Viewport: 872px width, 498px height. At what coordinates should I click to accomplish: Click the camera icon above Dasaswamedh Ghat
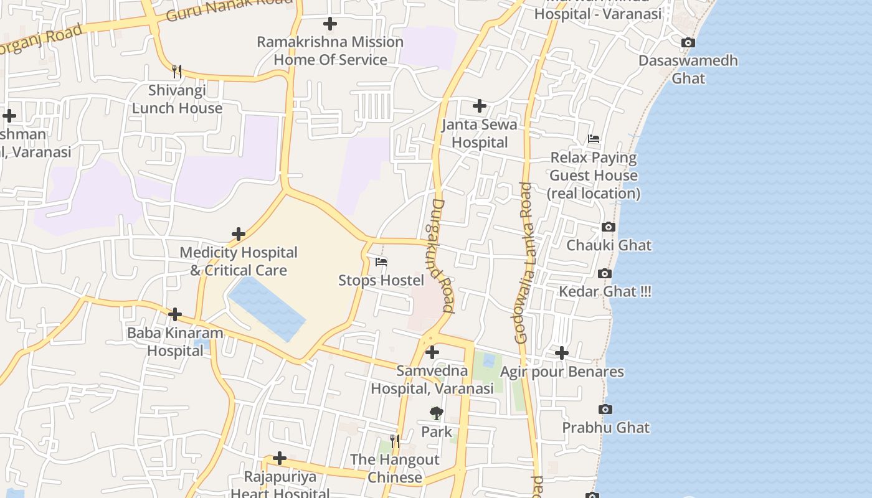(x=688, y=43)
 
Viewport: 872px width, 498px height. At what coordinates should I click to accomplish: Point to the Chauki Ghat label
(x=609, y=245)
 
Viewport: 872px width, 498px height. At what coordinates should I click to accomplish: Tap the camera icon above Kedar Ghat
(x=604, y=274)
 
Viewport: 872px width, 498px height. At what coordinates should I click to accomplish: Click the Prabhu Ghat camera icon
(x=605, y=410)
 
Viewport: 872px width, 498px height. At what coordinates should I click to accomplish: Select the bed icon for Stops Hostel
(x=381, y=262)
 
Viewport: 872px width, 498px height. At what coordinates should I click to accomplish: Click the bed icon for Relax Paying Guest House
(x=594, y=139)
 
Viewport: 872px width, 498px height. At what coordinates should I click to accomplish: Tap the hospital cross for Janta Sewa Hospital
(x=479, y=106)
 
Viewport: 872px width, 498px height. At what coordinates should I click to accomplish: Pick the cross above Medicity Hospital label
(x=239, y=234)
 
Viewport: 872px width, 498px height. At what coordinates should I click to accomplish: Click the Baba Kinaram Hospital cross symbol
(x=175, y=314)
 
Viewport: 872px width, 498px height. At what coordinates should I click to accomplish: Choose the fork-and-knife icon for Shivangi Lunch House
(x=177, y=72)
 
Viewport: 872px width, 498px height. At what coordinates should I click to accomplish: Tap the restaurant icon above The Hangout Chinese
(x=394, y=441)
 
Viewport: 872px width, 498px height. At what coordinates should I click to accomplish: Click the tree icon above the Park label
(x=437, y=413)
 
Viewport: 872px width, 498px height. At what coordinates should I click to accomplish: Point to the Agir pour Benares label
(x=562, y=372)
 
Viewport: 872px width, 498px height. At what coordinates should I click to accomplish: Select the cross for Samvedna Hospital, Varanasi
(x=432, y=353)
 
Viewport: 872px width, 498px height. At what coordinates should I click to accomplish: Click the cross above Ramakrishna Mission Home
(x=330, y=24)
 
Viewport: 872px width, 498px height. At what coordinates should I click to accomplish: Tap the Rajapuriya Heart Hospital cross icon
(x=280, y=459)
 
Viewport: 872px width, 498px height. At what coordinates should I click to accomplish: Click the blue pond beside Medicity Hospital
(x=268, y=308)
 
